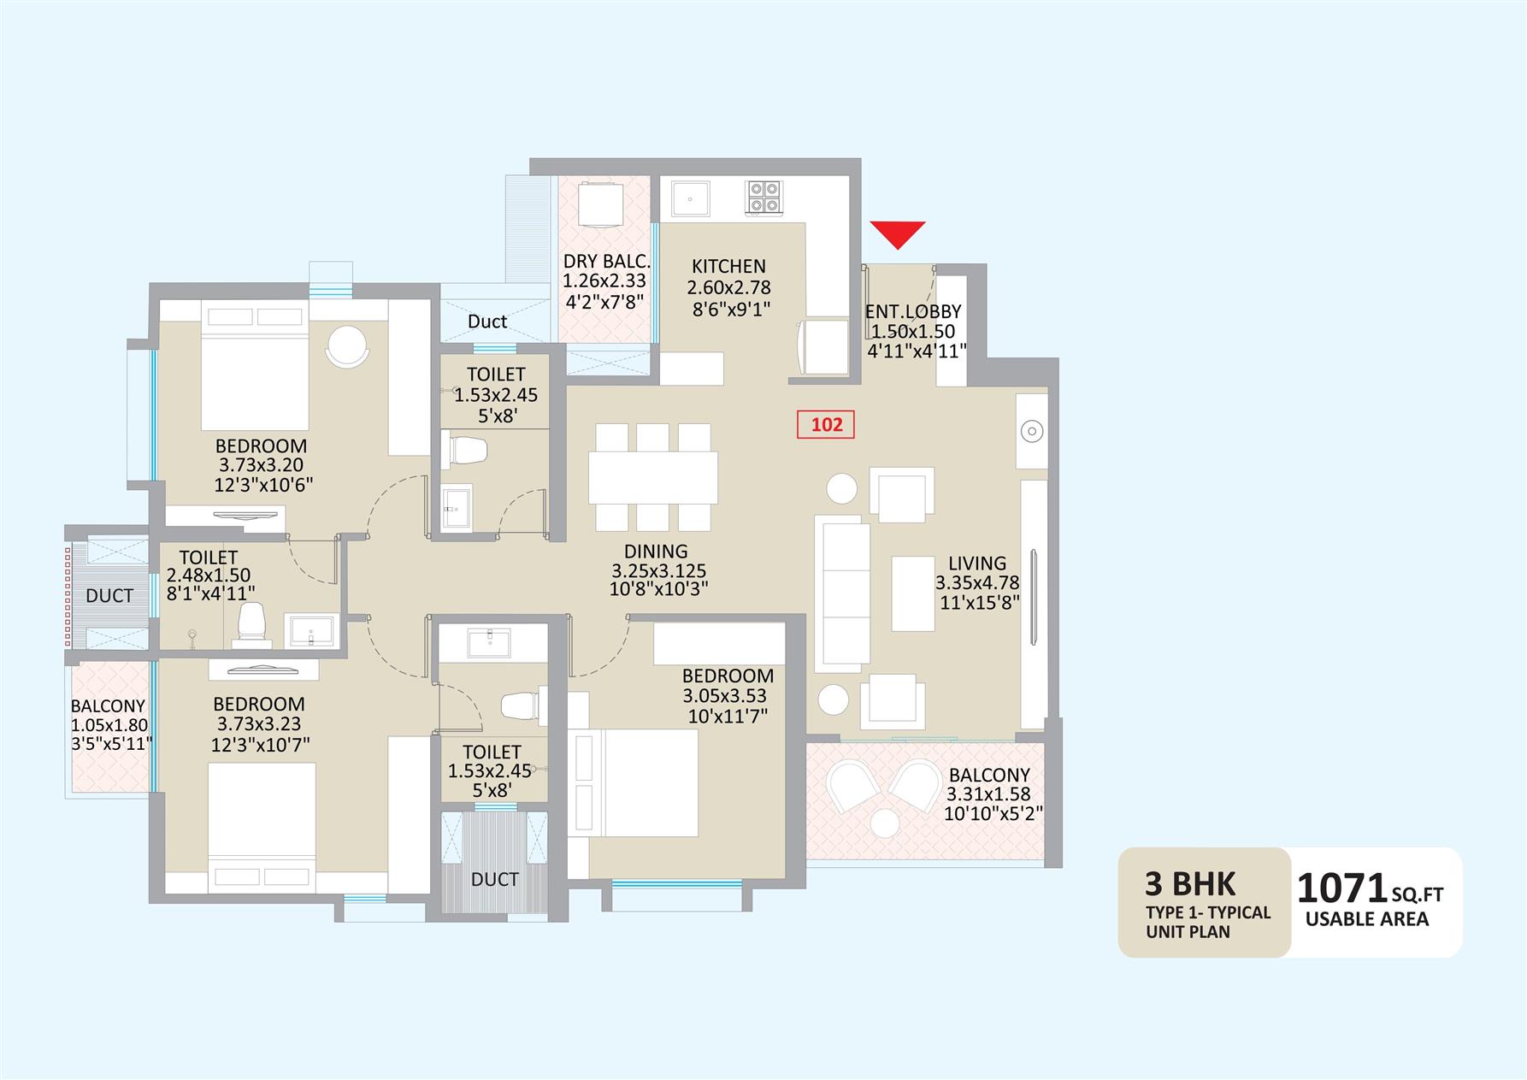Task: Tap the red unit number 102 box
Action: (x=826, y=424)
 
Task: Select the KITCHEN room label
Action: (x=728, y=266)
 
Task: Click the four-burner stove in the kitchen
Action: (x=763, y=197)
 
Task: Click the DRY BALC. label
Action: (x=606, y=262)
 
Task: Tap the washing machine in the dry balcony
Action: (x=603, y=204)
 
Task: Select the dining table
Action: (x=653, y=477)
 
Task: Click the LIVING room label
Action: (x=976, y=564)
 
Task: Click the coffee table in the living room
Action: (x=913, y=593)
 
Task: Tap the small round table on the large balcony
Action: (x=885, y=823)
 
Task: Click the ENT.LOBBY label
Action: (x=913, y=312)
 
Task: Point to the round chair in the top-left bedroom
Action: (x=348, y=346)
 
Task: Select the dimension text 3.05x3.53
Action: (x=724, y=696)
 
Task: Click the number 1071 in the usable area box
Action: (x=1341, y=888)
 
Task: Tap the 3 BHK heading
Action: (x=1190, y=883)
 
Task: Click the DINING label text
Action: (x=656, y=552)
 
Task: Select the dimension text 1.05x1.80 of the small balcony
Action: (x=109, y=725)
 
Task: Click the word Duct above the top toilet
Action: (x=487, y=322)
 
